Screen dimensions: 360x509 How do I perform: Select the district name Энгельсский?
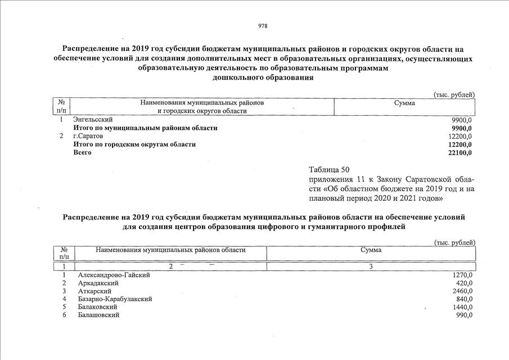[93, 120]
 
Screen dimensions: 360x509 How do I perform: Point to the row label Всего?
[83, 152]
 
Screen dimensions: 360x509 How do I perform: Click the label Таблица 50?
[330, 169]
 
